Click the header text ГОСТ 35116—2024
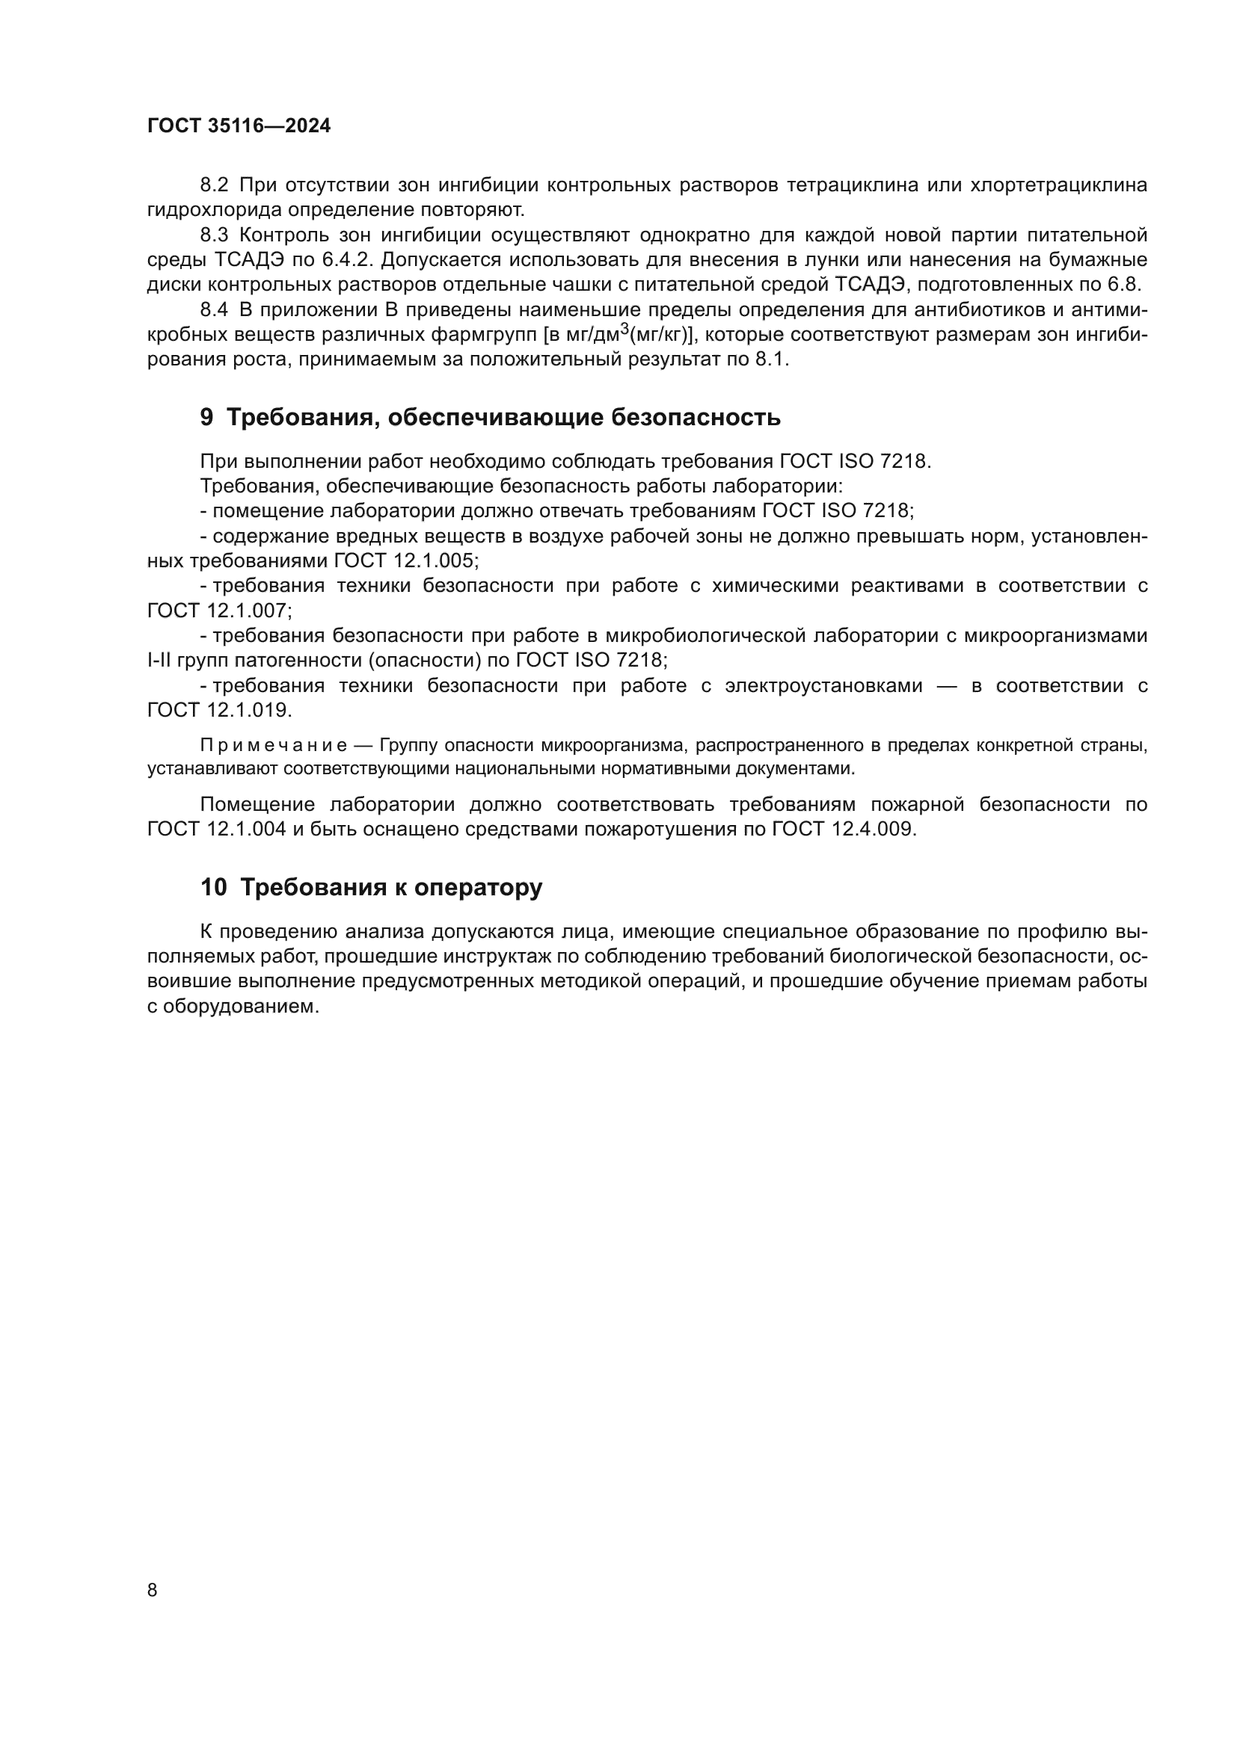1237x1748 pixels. coord(239,126)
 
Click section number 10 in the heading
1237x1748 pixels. coord(213,888)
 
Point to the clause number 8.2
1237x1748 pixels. coord(214,185)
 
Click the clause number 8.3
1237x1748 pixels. coord(214,235)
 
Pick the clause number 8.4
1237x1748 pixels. coord(214,310)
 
